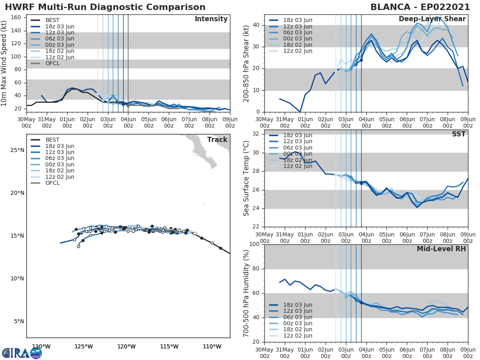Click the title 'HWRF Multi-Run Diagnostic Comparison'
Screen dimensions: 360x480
(105, 7)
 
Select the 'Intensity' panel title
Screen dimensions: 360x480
(211, 19)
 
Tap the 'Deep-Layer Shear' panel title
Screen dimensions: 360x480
(432, 19)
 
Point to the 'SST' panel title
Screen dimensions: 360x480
(458, 134)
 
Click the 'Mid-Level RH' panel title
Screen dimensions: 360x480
(441, 249)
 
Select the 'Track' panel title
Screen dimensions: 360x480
(217, 140)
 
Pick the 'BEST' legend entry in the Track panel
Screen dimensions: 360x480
(52, 140)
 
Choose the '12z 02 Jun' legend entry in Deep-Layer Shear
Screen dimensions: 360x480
(298, 51)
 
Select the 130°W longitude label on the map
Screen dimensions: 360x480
(41, 347)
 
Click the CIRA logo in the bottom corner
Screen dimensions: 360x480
(22, 353)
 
